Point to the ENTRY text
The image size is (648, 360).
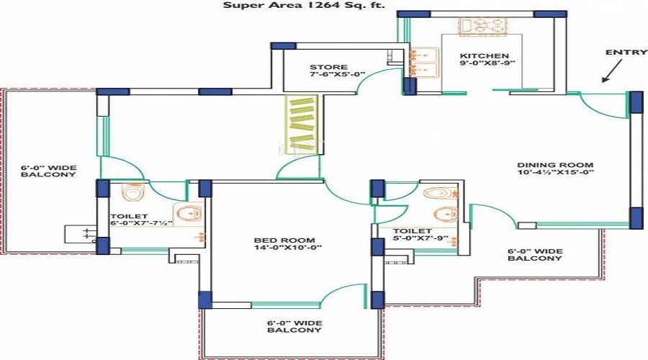tap(621, 53)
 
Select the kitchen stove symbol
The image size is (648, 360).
tap(475, 27)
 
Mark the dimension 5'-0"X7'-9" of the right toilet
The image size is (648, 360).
tap(421, 238)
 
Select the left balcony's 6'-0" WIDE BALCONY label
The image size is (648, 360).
tap(48, 171)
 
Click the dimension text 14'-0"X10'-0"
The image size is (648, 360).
tap(278, 248)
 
